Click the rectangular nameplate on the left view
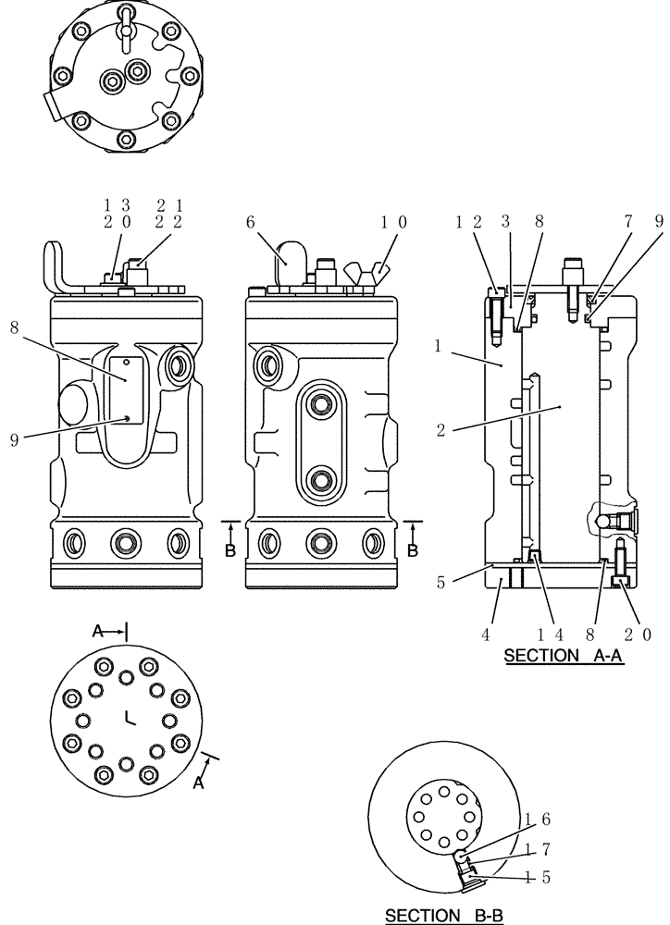(x=126, y=390)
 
